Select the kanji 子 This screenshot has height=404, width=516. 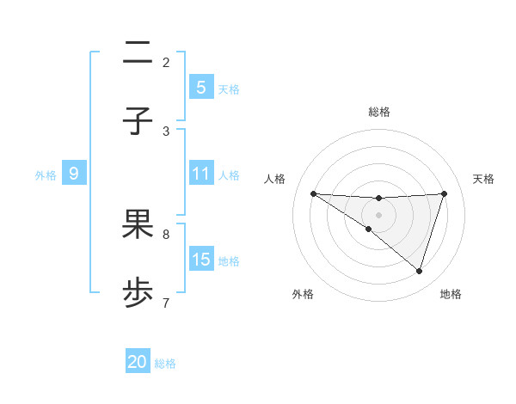click(x=138, y=121)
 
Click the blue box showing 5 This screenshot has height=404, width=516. click(x=200, y=88)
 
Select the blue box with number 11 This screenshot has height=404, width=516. click(x=200, y=174)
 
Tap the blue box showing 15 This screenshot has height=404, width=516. click(x=200, y=260)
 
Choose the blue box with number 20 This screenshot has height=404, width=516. click(x=138, y=363)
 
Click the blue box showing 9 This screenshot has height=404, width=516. click(x=74, y=174)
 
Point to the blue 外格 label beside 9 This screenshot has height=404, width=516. click(x=46, y=175)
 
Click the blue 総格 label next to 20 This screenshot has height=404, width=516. click(x=165, y=364)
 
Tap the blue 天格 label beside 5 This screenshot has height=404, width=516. click(x=229, y=89)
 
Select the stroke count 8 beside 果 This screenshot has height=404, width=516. click(x=166, y=234)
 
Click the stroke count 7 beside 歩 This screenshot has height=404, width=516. click(x=166, y=303)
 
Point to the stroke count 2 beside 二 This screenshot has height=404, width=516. click(x=166, y=62)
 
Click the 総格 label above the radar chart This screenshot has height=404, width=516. click(x=379, y=112)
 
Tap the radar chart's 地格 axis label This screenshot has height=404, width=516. click(x=451, y=295)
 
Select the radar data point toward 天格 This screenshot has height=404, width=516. click(x=444, y=193)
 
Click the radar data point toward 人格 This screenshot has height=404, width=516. click(x=313, y=193)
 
